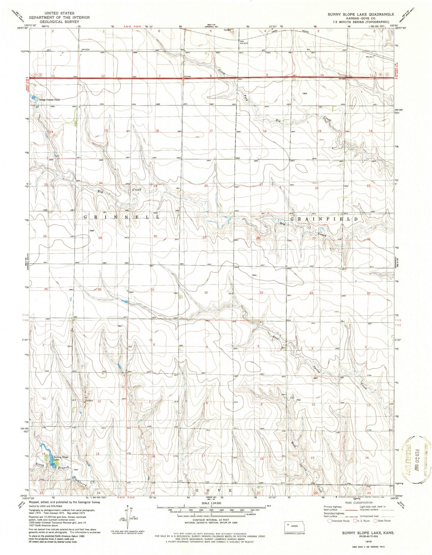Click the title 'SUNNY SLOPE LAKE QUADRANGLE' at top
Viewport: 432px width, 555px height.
point(361,14)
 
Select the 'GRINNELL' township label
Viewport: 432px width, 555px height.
point(121,217)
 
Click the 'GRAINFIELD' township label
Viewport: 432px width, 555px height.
point(324,219)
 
